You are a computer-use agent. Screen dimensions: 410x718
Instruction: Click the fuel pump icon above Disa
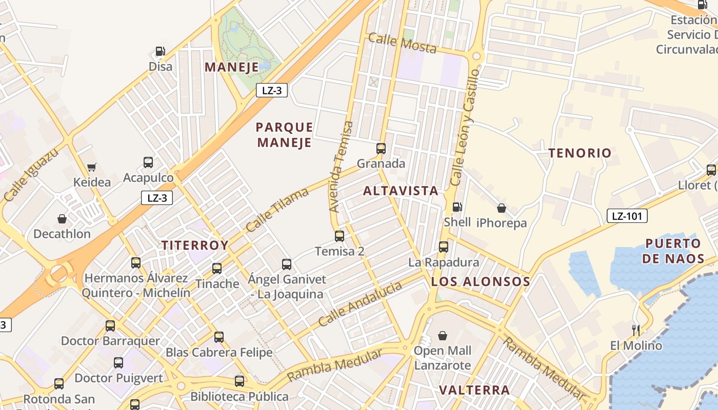tap(161, 51)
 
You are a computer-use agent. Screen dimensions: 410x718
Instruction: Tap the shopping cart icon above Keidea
tap(92, 167)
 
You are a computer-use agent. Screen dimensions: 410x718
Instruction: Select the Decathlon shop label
tap(62, 234)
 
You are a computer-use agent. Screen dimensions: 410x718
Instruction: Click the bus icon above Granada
tap(381, 149)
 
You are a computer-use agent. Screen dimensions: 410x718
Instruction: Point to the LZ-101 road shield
tap(627, 216)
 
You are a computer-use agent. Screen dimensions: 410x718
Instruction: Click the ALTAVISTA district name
tap(401, 191)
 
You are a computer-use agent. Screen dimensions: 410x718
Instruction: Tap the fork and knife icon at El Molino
tap(636, 330)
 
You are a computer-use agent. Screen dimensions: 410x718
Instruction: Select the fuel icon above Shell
tap(457, 207)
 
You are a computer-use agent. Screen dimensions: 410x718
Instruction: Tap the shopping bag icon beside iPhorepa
tap(502, 208)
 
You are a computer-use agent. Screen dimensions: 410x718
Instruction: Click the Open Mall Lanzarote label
tap(442, 358)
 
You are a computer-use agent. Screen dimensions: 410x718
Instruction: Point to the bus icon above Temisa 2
tap(340, 236)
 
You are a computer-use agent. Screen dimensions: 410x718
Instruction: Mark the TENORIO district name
tap(580, 153)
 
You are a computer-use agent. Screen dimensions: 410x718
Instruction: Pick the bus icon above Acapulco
tap(148, 162)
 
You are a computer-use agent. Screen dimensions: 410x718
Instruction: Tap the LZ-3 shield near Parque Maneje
tap(271, 91)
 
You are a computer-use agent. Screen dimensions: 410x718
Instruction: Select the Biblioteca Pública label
tap(240, 396)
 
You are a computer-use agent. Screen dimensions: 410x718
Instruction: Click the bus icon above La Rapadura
tap(444, 247)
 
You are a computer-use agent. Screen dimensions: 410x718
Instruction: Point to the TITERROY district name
tap(195, 245)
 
